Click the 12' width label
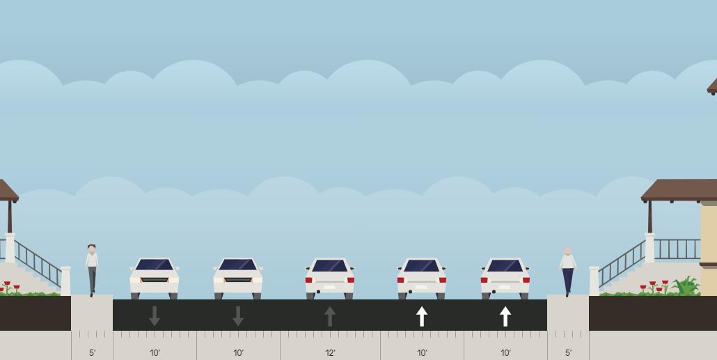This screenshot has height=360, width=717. point(330,353)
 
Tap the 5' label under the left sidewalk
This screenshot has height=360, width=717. point(92,353)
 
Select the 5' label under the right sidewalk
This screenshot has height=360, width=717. point(568,353)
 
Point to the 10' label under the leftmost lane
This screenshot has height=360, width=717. point(155,353)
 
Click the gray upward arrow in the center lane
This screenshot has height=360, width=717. point(330,316)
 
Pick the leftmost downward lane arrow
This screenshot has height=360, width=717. point(155,316)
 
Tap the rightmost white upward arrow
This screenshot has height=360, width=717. point(505,316)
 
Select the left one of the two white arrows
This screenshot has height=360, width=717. point(422,316)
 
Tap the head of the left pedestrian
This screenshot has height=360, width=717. point(92,249)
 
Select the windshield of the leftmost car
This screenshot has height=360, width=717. point(155,265)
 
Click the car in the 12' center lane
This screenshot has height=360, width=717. point(330,279)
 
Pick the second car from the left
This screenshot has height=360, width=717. point(238,279)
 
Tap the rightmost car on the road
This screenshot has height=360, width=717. point(505,279)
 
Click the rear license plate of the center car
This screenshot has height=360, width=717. point(330,286)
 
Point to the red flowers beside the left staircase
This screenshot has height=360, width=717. point(10,286)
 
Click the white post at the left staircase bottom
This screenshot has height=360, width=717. point(65,281)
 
